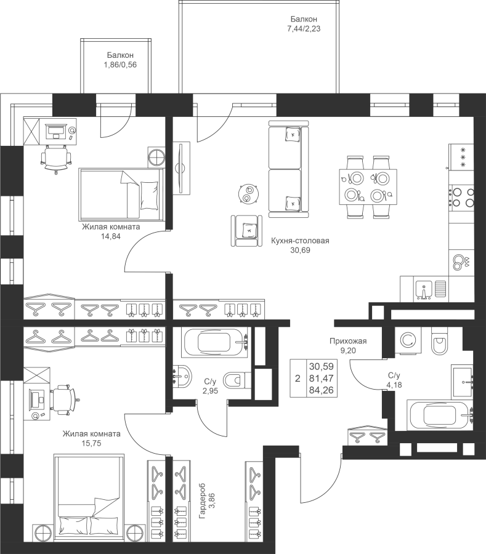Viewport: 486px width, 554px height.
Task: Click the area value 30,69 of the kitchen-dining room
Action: (301, 251)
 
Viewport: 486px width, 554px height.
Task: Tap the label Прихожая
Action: (348, 341)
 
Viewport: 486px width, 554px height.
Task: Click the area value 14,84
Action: (110, 236)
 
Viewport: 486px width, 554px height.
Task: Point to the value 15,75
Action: (91, 443)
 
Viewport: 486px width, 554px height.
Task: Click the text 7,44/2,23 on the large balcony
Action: (304, 29)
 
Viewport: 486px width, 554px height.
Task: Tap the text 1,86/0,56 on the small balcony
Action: (120, 65)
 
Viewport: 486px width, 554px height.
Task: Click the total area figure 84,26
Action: (321, 390)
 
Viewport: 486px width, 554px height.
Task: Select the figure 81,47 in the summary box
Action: (321, 379)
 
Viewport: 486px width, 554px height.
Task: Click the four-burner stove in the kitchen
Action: (461, 197)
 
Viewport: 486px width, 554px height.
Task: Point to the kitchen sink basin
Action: (424, 289)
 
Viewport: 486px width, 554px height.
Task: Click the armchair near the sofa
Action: (247, 231)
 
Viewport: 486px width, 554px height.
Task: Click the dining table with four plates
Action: (368, 187)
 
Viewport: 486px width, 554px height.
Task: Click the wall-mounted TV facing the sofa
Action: (181, 167)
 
